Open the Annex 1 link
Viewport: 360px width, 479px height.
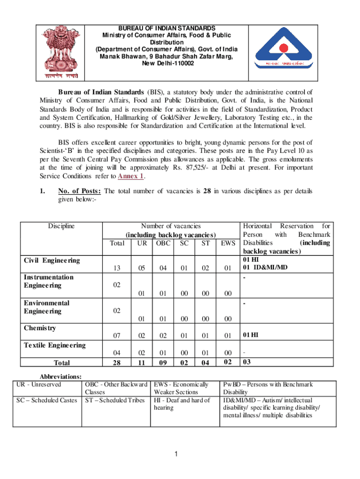pos(131,176)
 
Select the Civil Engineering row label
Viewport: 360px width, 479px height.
pos(51,260)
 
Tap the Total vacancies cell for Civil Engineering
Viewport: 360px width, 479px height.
pos(116,268)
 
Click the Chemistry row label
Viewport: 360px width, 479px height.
pos(40,328)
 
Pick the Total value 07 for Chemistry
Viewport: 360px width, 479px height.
pos(116,335)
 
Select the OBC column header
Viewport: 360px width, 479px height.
pos(163,243)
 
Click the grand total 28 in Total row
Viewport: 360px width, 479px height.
pos(116,363)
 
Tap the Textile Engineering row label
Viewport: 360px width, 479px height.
pos(55,345)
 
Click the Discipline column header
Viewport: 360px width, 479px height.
pos(61,226)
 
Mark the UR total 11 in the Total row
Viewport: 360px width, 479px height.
pos(142,363)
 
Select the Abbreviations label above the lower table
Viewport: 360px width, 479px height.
pos(61,376)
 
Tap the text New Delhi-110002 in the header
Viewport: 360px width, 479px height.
pos(160,63)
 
